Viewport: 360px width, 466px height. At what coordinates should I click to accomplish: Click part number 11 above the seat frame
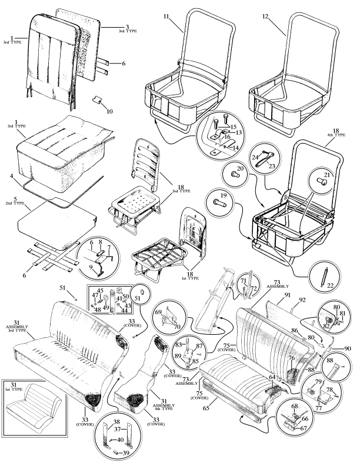pyautogui.click(x=166, y=16)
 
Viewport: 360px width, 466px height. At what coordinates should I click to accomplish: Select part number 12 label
pyautogui.click(x=265, y=16)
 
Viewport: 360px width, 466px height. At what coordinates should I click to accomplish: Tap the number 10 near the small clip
pyautogui.click(x=109, y=111)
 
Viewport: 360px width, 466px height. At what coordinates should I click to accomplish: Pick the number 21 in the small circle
pyautogui.click(x=327, y=175)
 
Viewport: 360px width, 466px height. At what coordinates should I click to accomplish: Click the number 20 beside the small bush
pyautogui.click(x=241, y=168)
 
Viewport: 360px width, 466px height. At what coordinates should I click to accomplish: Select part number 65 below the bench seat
pyautogui.click(x=206, y=408)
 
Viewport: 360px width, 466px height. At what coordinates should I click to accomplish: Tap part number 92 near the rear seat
pyautogui.click(x=302, y=300)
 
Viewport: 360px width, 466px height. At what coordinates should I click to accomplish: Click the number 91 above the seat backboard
pyautogui.click(x=288, y=295)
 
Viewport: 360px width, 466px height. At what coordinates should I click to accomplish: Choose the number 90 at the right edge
pyautogui.click(x=348, y=348)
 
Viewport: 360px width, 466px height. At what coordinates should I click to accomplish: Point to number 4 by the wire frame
pyautogui.click(x=11, y=176)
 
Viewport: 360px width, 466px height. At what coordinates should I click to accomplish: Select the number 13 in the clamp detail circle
pyautogui.click(x=238, y=132)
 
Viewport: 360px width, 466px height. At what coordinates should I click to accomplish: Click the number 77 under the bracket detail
pyautogui.click(x=318, y=408)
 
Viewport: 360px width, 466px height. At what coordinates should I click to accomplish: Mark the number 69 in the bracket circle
pyautogui.click(x=158, y=311)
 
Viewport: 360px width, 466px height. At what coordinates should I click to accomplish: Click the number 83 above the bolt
pyautogui.click(x=178, y=344)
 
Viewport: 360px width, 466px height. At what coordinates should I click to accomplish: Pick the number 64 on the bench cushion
pyautogui.click(x=272, y=377)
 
